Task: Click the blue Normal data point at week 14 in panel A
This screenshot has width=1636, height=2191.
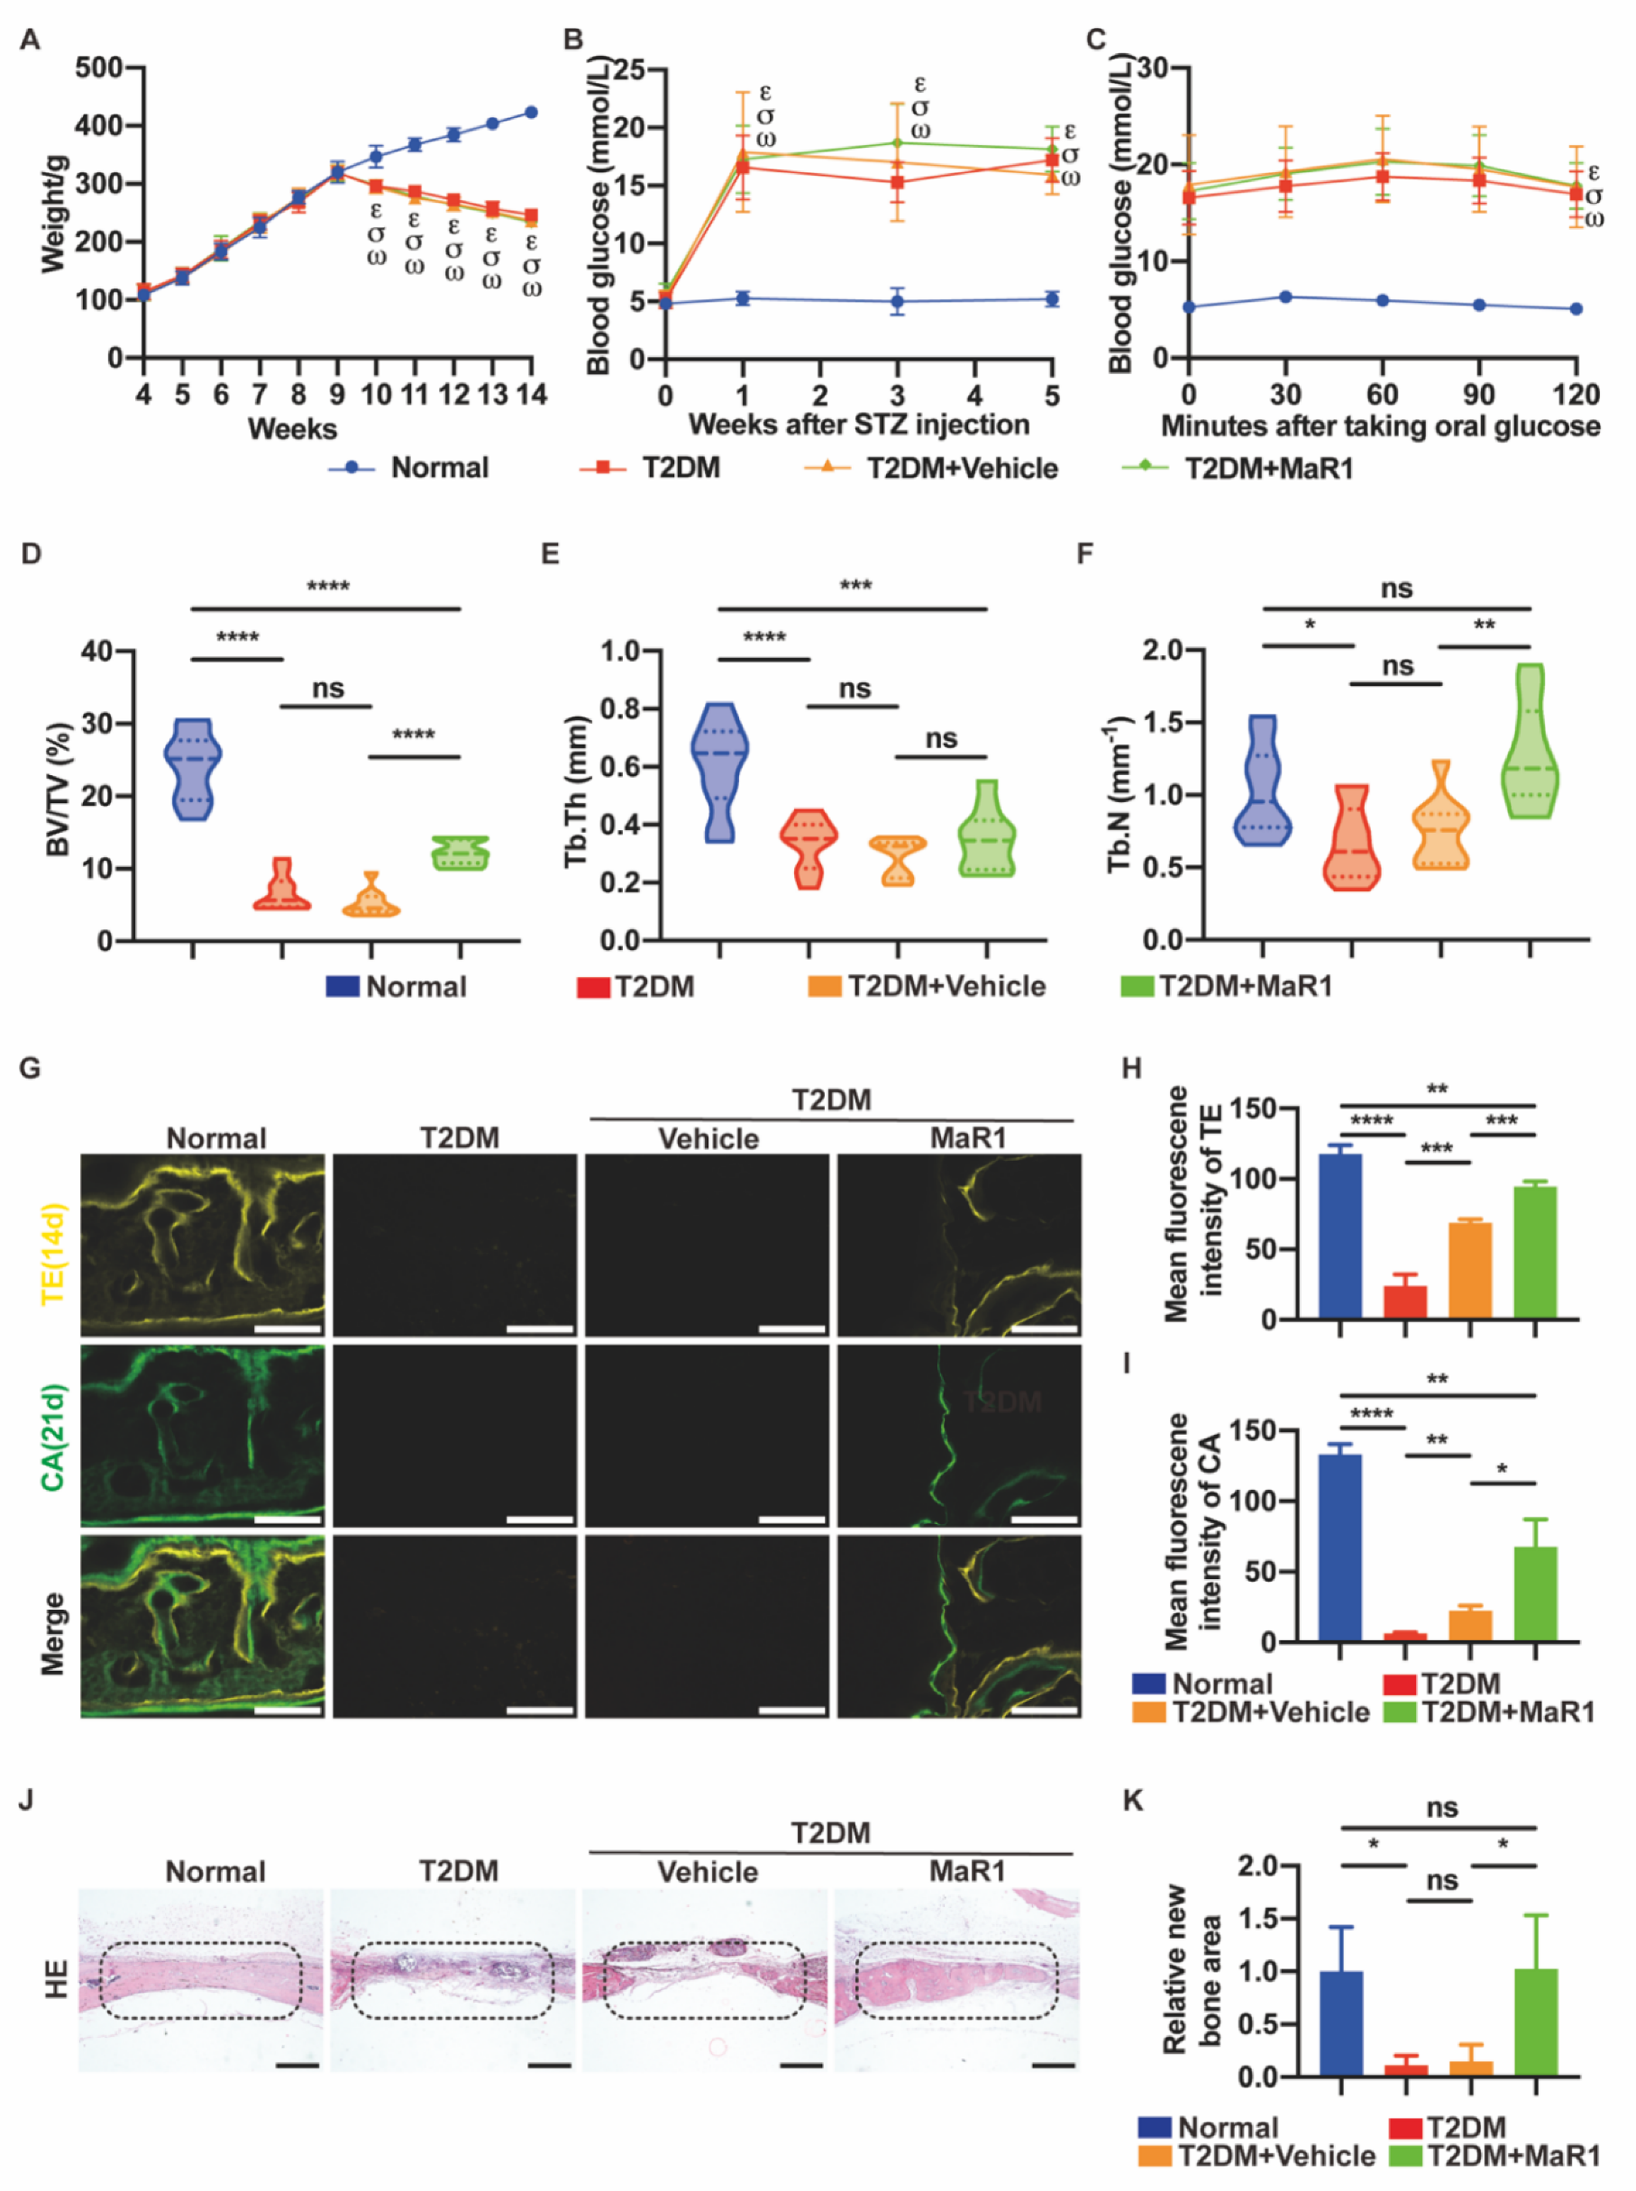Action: pyautogui.click(x=531, y=112)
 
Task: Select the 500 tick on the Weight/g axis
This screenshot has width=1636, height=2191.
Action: pyautogui.click(x=98, y=68)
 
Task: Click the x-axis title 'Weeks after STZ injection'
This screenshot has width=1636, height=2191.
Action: pyautogui.click(x=859, y=425)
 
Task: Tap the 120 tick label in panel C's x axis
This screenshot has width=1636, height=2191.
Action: pyautogui.click(x=1575, y=395)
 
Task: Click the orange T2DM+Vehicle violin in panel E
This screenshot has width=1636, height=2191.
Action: pyautogui.click(x=898, y=860)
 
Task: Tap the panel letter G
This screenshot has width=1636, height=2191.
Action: pyautogui.click(x=30, y=1067)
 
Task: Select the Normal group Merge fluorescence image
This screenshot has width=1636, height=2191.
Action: pyautogui.click(x=203, y=1626)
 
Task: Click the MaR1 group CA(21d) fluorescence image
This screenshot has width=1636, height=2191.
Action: pyautogui.click(x=959, y=1435)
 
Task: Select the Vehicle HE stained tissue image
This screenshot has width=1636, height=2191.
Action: pyautogui.click(x=704, y=1980)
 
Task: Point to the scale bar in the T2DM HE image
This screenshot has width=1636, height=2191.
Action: pyautogui.click(x=550, y=2065)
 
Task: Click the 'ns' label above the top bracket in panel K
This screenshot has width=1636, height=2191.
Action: pyautogui.click(x=1441, y=1808)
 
